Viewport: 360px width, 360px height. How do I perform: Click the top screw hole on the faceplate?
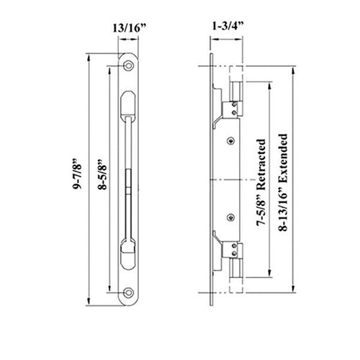click(129, 66)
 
